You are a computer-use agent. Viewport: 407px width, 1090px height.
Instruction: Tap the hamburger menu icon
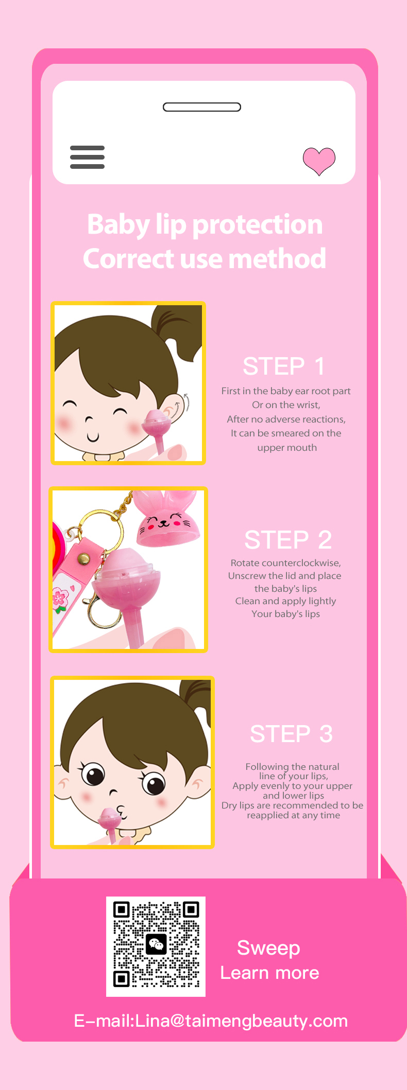[88, 157]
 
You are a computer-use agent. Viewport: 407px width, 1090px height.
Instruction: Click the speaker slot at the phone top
[202, 107]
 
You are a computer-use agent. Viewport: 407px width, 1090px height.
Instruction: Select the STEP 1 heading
[284, 366]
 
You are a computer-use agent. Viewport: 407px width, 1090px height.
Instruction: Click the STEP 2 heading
[288, 540]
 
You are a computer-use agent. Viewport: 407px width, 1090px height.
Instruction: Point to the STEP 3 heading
[291, 734]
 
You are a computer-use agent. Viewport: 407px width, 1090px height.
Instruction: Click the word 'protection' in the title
[258, 225]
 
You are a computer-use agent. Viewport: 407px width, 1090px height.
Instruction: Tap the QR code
[156, 946]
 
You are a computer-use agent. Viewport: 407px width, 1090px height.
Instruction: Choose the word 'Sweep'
[268, 948]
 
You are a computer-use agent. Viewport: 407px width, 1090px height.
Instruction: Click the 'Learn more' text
[270, 973]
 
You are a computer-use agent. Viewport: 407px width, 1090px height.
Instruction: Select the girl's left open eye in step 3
[93, 773]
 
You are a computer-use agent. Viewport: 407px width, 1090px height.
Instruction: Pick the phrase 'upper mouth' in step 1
[287, 448]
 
